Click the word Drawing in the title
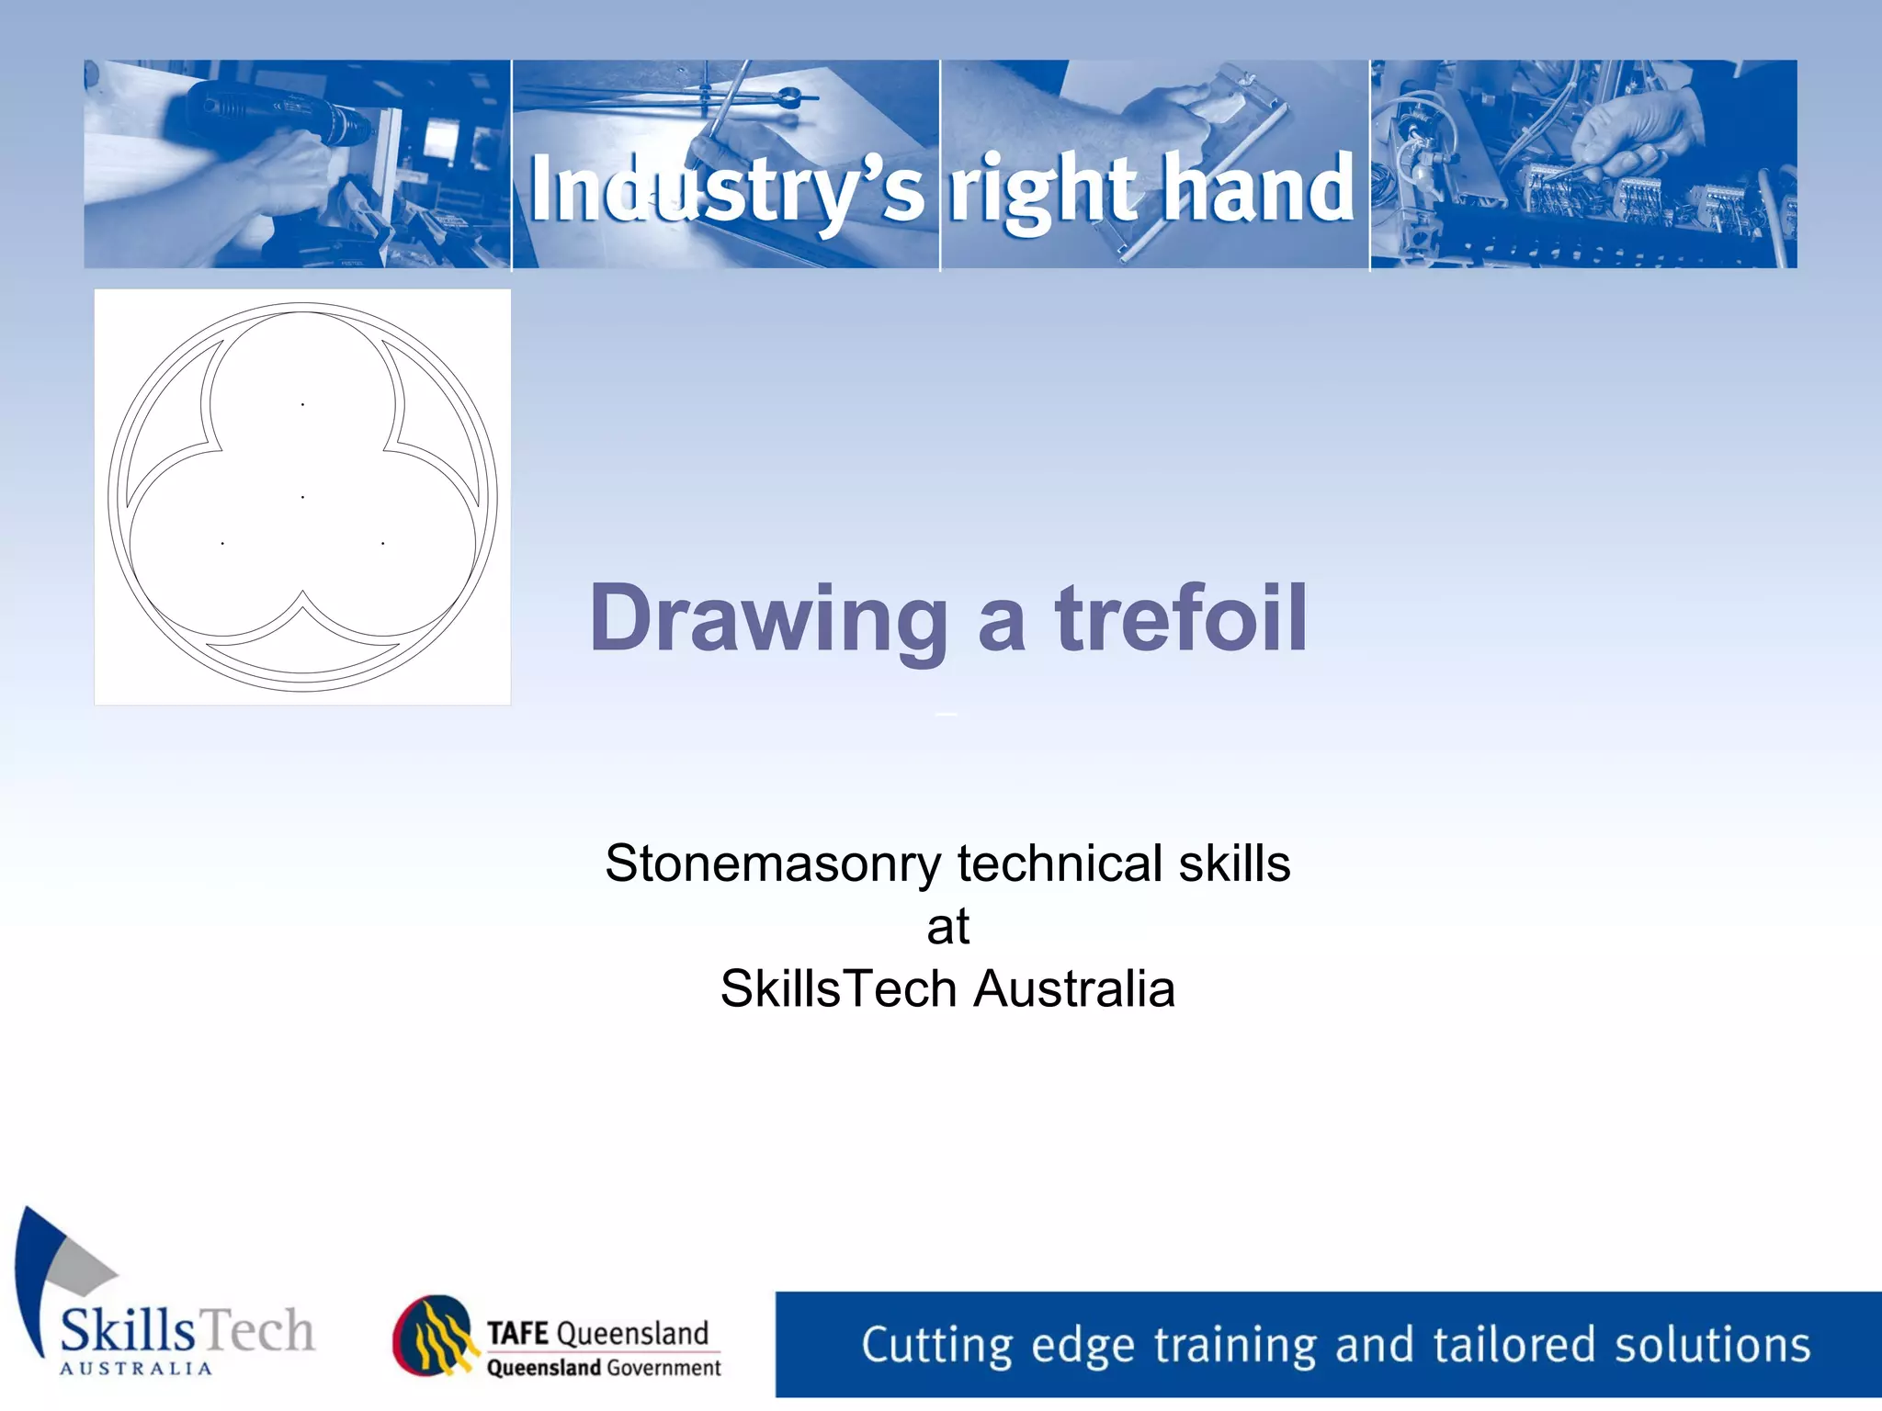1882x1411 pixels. click(x=768, y=621)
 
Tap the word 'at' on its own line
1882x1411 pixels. click(x=947, y=927)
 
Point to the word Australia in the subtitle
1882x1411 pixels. click(x=1074, y=989)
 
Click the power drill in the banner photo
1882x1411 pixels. click(x=276, y=115)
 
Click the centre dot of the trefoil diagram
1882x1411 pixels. click(x=302, y=497)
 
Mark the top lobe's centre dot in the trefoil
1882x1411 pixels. click(x=302, y=404)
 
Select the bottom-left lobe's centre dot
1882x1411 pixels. click(x=222, y=544)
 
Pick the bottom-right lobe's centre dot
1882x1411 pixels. click(x=382, y=544)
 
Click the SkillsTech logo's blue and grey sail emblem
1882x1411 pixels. click(x=60, y=1268)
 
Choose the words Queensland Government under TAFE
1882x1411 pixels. click(x=604, y=1368)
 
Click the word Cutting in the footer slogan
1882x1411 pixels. click(x=938, y=1346)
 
